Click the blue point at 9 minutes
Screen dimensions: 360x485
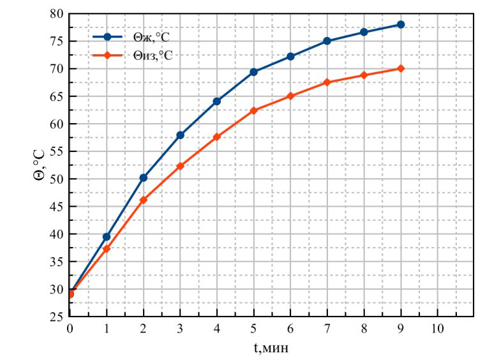401,24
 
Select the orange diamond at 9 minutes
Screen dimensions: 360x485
401,68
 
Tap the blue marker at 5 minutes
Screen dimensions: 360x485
253,71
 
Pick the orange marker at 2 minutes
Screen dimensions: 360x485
144,200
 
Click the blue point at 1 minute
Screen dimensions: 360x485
107,237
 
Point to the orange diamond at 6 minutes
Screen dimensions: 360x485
290,96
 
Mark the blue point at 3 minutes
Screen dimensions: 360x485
180,135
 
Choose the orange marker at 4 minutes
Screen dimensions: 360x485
217,137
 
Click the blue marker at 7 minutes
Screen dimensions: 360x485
327,41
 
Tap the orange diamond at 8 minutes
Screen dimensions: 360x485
364,75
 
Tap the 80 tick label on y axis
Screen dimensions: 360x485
56,13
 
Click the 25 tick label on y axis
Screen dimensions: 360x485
56,317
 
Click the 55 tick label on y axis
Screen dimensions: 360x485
56,151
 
